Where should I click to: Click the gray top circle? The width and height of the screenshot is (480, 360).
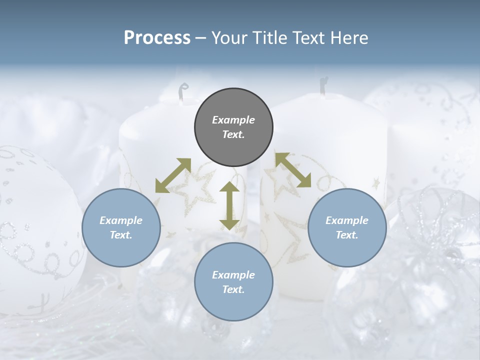233,127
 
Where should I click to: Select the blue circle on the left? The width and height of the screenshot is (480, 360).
121,228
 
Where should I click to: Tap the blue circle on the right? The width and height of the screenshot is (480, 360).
347,228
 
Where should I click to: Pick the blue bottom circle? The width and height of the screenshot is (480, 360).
233,282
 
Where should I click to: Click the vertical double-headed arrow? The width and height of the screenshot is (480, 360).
229,205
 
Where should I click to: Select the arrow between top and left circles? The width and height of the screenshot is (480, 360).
173,175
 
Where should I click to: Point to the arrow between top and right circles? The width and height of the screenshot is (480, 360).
293,170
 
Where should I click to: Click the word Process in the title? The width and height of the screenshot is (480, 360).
157,38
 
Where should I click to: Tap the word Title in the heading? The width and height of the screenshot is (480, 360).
269,38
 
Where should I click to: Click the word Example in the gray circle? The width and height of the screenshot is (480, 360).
233,120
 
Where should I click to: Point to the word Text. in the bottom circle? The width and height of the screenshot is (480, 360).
233,290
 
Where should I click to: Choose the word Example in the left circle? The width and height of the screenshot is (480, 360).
121,220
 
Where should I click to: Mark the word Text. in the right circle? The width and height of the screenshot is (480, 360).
347,235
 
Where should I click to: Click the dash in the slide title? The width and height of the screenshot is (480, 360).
200,38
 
